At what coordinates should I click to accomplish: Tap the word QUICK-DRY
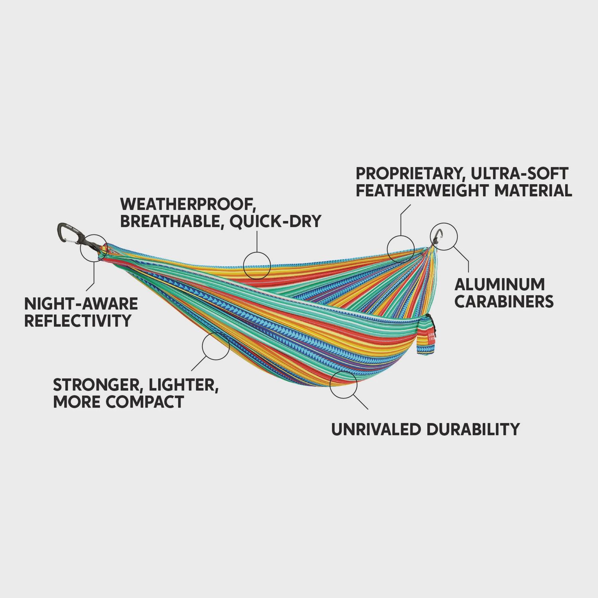(x=275, y=221)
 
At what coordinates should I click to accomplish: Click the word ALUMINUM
(x=500, y=284)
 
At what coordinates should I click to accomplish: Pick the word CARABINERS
(x=504, y=301)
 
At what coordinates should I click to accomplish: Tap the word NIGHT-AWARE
(x=81, y=304)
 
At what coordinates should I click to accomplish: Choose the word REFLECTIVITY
(x=78, y=321)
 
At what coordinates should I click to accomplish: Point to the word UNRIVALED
(x=376, y=429)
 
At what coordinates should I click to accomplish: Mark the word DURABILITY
(x=473, y=429)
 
